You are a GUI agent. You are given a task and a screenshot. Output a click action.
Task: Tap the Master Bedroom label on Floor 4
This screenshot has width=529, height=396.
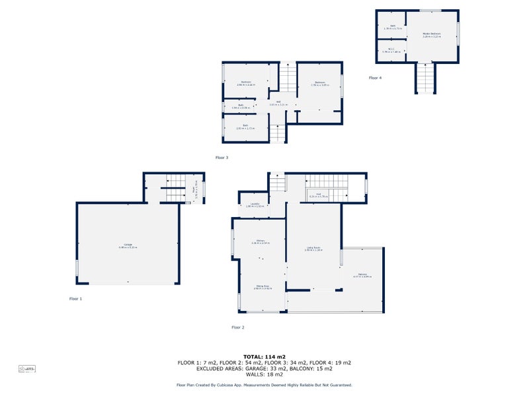(x=431, y=35)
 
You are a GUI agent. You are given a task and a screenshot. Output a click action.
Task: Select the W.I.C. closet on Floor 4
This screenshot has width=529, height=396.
(x=391, y=49)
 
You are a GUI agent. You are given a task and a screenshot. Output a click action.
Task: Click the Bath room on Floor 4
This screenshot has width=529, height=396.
(x=392, y=27)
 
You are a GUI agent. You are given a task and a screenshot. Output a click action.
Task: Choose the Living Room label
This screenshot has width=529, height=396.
(x=313, y=249)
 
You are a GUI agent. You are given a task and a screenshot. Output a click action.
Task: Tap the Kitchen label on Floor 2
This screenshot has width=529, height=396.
(x=259, y=242)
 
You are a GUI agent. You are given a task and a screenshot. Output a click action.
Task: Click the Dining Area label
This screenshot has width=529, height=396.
(x=263, y=287)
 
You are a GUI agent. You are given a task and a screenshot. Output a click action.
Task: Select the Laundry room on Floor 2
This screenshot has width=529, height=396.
(x=255, y=205)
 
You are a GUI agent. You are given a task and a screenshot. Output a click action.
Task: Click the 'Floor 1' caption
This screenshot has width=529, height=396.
(x=76, y=299)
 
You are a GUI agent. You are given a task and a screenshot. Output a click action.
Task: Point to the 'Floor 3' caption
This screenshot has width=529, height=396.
(x=222, y=158)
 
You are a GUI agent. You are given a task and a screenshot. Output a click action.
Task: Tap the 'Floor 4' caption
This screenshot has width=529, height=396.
(x=375, y=78)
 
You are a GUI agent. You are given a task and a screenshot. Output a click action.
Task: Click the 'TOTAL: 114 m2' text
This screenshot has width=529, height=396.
(x=264, y=356)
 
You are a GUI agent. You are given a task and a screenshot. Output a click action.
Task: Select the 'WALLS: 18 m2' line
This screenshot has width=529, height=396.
(x=264, y=375)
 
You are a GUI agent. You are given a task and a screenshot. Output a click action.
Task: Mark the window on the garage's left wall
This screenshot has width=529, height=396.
(x=77, y=268)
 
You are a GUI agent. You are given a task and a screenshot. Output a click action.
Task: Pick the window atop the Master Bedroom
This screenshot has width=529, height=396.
(x=430, y=10)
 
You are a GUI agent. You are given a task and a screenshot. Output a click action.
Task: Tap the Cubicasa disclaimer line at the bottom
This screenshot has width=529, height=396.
(x=264, y=385)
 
